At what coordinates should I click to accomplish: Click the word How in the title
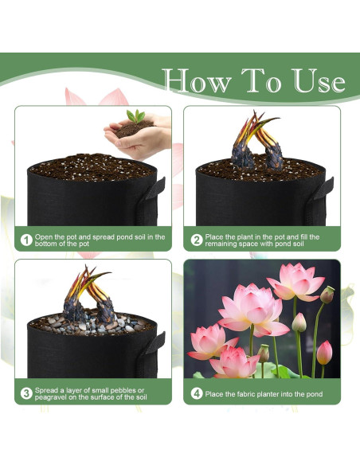(198, 80)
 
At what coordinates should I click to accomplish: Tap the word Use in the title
(319, 80)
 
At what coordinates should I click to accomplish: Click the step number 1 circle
(26, 240)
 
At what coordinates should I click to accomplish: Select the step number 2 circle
(196, 240)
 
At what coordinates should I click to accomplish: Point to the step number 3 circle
(26, 393)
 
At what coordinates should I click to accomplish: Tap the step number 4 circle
(196, 394)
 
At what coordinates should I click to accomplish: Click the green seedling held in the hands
(136, 116)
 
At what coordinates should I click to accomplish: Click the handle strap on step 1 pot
(155, 189)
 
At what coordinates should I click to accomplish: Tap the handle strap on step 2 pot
(323, 189)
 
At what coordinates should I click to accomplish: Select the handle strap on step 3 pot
(155, 343)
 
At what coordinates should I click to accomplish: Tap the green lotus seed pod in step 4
(327, 295)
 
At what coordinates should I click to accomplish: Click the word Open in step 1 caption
(44, 237)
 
